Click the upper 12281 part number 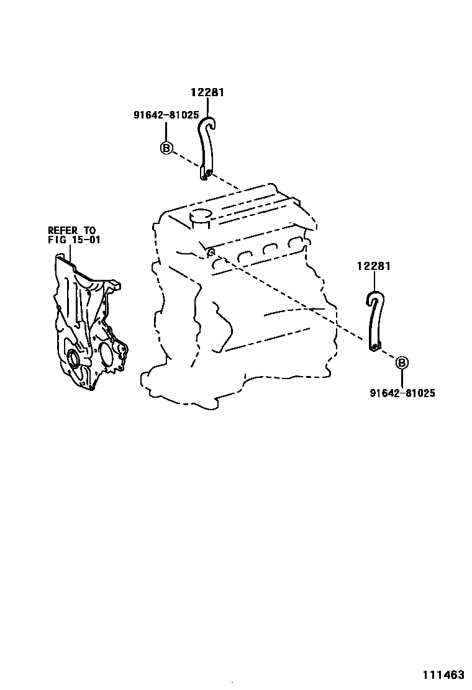pyautogui.click(x=207, y=92)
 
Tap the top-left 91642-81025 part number pyautogui.click(x=166, y=115)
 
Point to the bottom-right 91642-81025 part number pyautogui.click(x=402, y=393)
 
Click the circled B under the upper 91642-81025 pyautogui.click(x=166, y=148)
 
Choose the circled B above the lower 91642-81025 pyautogui.click(x=401, y=363)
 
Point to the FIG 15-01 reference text pyautogui.click(x=73, y=240)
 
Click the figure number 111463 pyautogui.click(x=444, y=674)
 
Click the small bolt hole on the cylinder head pyautogui.click(x=211, y=251)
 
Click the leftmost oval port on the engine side pyautogui.click(x=219, y=265)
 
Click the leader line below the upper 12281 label pyautogui.click(x=207, y=107)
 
